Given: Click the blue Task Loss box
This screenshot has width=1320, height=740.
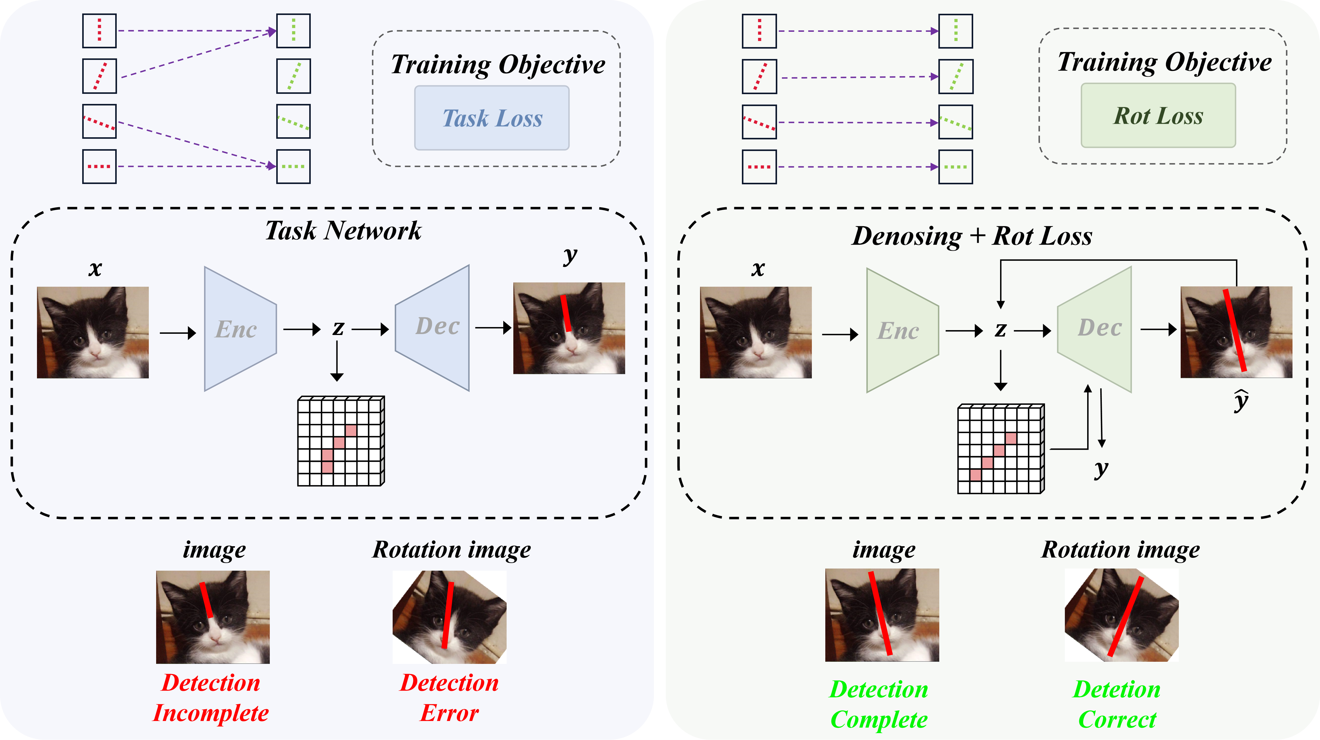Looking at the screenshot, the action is point(491,118).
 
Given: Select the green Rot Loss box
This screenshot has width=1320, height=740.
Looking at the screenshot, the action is point(1158,115).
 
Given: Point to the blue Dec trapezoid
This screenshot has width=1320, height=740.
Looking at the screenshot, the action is point(432,328).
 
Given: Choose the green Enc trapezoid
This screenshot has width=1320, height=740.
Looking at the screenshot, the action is point(902,330).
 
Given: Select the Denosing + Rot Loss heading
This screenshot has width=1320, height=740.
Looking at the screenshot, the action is point(972,236).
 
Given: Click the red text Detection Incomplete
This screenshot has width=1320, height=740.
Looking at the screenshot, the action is point(211,698).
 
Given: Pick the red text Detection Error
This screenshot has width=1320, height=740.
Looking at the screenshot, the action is point(449,698).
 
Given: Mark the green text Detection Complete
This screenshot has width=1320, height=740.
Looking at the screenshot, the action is point(879,705).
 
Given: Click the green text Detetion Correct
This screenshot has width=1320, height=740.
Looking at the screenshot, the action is point(1117,705).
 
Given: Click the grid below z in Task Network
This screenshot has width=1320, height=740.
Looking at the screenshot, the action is point(341,441).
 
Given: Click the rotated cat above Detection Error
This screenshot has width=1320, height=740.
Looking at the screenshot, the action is point(449,617).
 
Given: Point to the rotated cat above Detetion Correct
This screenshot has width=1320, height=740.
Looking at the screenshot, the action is point(1122,615).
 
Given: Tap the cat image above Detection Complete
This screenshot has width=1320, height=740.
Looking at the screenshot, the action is point(882,615).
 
